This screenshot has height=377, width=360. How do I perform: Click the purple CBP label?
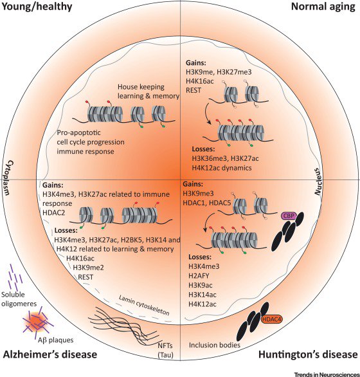click(289, 216)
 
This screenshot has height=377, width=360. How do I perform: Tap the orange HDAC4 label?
click(271, 319)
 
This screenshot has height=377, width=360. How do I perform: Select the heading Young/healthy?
click(37, 6)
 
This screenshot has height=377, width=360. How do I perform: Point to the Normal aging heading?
click(323, 6)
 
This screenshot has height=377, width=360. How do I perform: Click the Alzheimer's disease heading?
click(50, 354)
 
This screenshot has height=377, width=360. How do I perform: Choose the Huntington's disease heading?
click(308, 354)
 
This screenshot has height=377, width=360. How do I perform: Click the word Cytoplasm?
click(9, 178)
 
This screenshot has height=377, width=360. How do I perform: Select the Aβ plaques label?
click(55, 340)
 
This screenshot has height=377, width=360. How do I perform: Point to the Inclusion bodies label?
click(215, 345)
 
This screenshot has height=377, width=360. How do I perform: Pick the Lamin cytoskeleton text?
click(144, 305)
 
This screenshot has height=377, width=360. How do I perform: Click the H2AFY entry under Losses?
click(199, 275)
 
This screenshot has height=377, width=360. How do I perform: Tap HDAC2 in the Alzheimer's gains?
click(53, 212)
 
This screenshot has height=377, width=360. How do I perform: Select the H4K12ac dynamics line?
click(222, 167)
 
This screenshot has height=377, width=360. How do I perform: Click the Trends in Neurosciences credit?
click(327, 374)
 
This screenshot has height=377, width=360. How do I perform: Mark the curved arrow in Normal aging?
click(206, 113)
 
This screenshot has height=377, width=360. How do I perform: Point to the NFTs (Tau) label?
click(165, 350)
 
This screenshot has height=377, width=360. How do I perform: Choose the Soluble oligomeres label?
click(19, 299)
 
